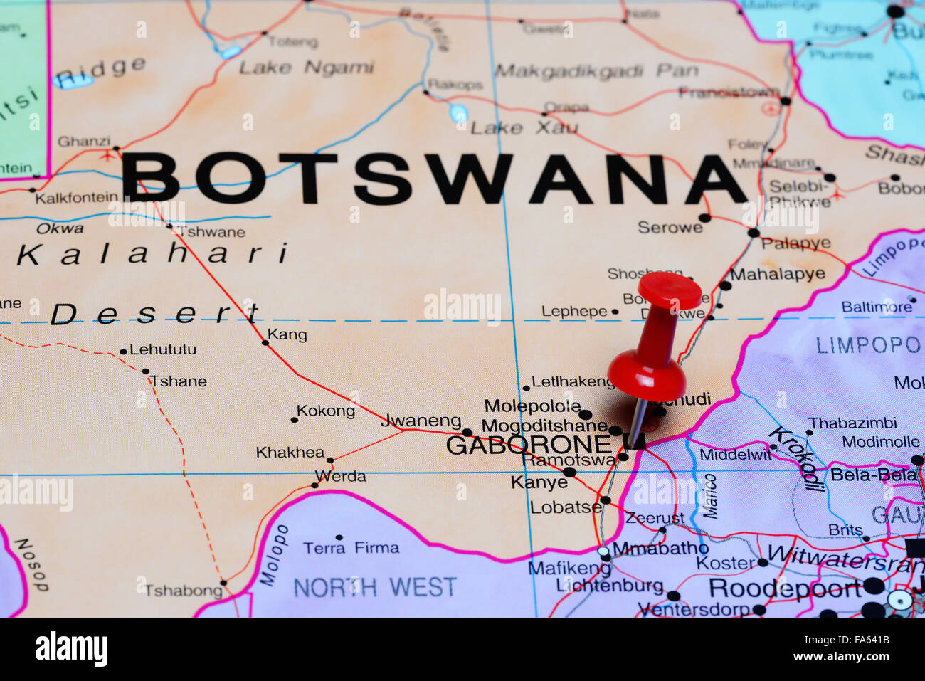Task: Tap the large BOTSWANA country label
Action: click(434, 179)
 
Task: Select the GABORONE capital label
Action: click(528, 445)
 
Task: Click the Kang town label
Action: click(287, 334)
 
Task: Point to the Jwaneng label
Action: click(421, 421)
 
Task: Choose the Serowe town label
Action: click(670, 228)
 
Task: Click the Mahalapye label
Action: click(777, 274)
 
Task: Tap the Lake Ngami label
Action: click(306, 68)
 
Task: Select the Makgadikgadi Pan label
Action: click(596, 71)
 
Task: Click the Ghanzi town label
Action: click(84, 141)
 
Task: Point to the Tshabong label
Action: click(184, 591)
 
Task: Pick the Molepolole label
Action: click(532, 406)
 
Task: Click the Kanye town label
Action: click(539, 482)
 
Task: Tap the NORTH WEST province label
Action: click(374, 587)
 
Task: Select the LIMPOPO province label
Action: click(867, 346)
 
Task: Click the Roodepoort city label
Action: click(785, 588)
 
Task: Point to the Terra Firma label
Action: click(351, 548)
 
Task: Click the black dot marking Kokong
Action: click(294, 420)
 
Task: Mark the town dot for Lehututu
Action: click(123, 352)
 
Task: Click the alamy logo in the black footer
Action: click(71, 649)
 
